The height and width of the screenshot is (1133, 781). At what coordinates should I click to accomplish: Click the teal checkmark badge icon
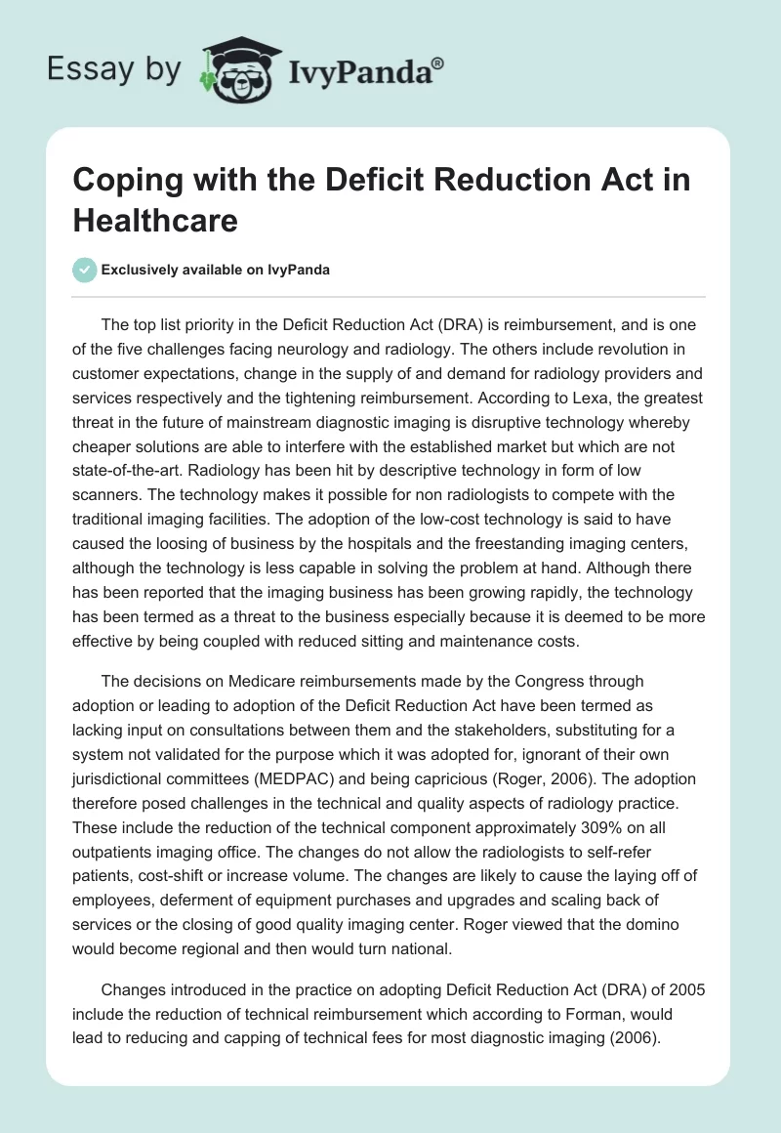click(x=85, y=270)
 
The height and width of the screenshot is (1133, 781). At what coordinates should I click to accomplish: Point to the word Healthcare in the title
click(x=155, y=220)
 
